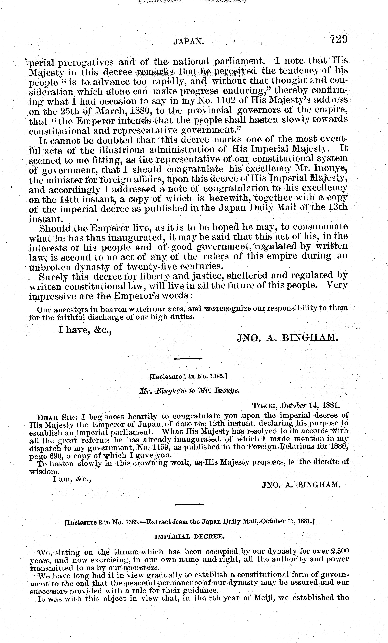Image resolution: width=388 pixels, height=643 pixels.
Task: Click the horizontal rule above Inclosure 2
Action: tap(189, 505)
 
